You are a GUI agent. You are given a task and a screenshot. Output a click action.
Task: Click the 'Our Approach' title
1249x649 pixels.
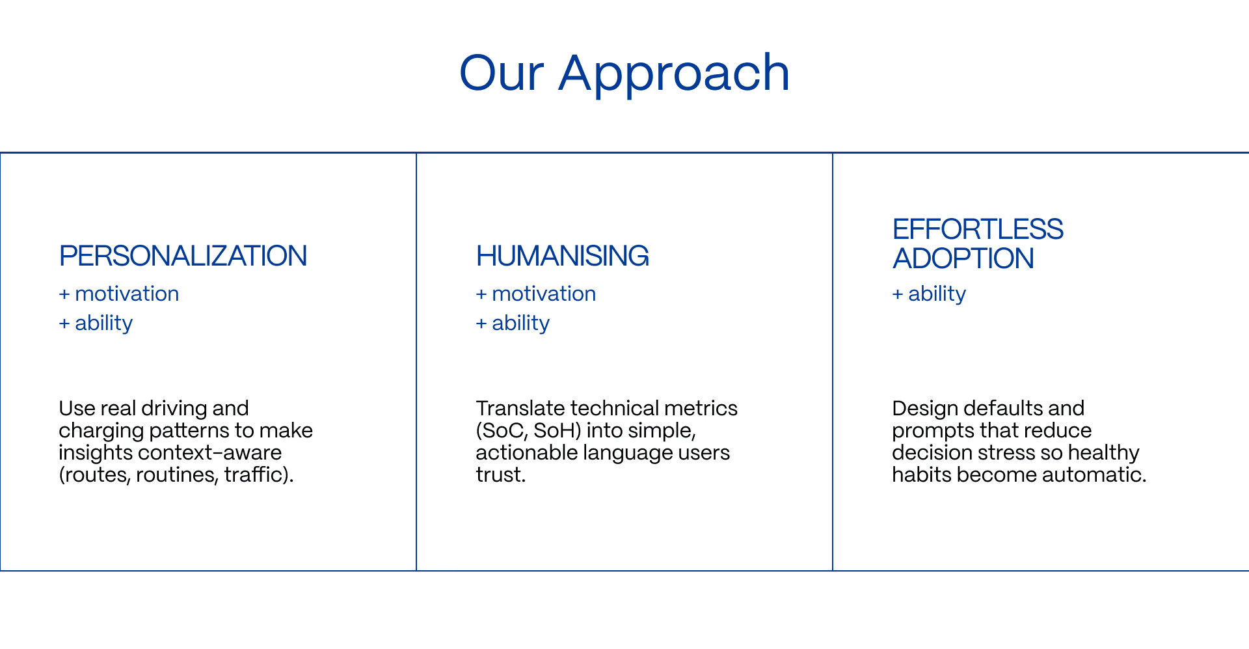point(624,73)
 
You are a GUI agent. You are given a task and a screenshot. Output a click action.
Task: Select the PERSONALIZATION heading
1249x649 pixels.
point(183,256)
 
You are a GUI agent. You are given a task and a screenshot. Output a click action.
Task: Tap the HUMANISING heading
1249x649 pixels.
point(562,256)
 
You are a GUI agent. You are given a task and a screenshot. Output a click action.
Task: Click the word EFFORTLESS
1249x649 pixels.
point(978,229)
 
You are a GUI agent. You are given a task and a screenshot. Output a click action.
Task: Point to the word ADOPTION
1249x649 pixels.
point(963,258)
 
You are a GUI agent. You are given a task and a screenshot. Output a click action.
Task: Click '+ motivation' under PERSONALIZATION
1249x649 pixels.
point(119,294)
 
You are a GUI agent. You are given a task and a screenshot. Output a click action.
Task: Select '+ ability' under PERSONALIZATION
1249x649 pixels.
point(96,323)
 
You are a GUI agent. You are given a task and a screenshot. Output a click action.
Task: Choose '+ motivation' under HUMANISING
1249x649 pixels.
point(536,294)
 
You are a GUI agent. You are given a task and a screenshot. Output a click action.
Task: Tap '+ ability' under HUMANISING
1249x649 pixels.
point(513,323)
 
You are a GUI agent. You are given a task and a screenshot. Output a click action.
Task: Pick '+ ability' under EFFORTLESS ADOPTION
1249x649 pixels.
point(930,294)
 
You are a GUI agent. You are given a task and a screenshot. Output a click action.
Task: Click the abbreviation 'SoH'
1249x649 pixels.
point(554,430)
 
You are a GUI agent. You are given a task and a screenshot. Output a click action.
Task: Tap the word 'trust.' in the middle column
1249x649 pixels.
point(501,475)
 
